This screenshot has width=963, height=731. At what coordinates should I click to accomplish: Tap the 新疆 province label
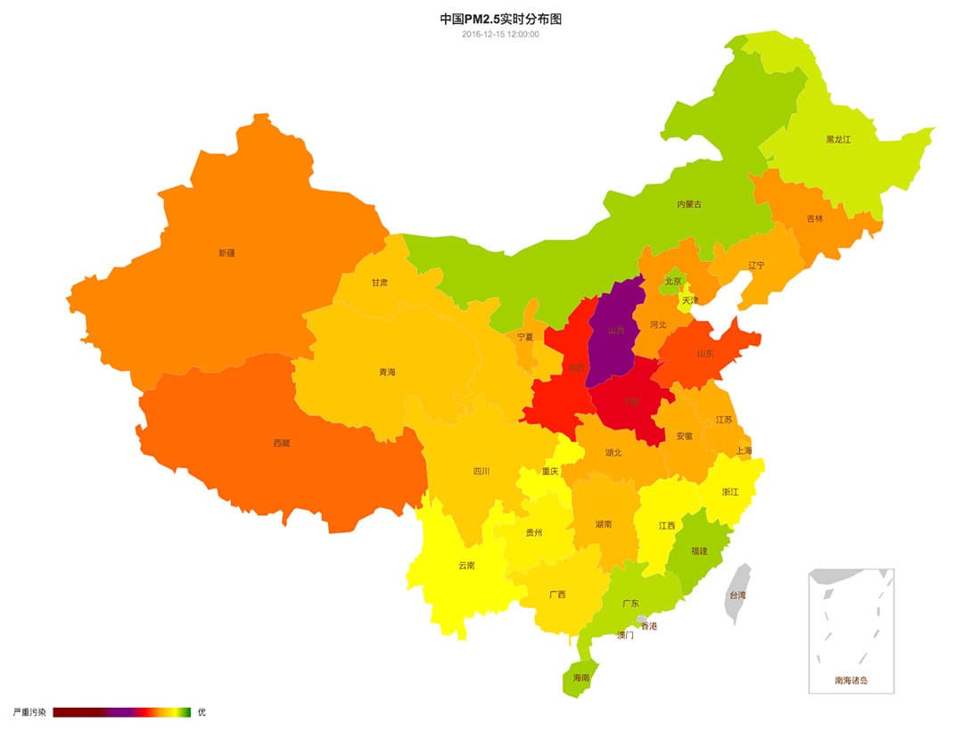[x=226, y=253]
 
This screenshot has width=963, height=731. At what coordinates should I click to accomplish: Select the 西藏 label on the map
[x=281, y=443]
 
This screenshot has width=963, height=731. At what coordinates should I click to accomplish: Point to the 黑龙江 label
[x=838, y=140]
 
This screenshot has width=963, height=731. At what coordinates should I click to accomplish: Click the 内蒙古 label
[x=688, y=205]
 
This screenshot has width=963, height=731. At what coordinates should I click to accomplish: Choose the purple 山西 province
[x=615, y=330]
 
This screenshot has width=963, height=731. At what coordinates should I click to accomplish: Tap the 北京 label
[x=672, y=282]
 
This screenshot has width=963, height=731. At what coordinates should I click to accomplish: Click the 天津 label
[x=690, y=301]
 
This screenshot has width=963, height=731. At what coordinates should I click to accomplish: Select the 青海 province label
[x=387, y=373]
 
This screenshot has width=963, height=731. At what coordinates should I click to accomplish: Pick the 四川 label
[x=481, y=472]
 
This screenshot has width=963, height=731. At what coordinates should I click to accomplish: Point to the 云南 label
[x=466, y=565]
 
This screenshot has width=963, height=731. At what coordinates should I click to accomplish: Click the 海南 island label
[x=581, y=678]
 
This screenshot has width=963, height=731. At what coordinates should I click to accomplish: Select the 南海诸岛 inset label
[x=851, y=681]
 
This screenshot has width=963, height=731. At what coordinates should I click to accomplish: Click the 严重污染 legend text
[x=29, y=712]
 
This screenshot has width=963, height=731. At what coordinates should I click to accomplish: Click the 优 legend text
[x=201, y=712]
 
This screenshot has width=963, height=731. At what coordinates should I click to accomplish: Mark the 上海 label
[x=744, y=451]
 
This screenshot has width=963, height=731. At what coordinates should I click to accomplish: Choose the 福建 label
[x=699, y=551]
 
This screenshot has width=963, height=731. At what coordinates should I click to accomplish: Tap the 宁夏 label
[x=525, y=338]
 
